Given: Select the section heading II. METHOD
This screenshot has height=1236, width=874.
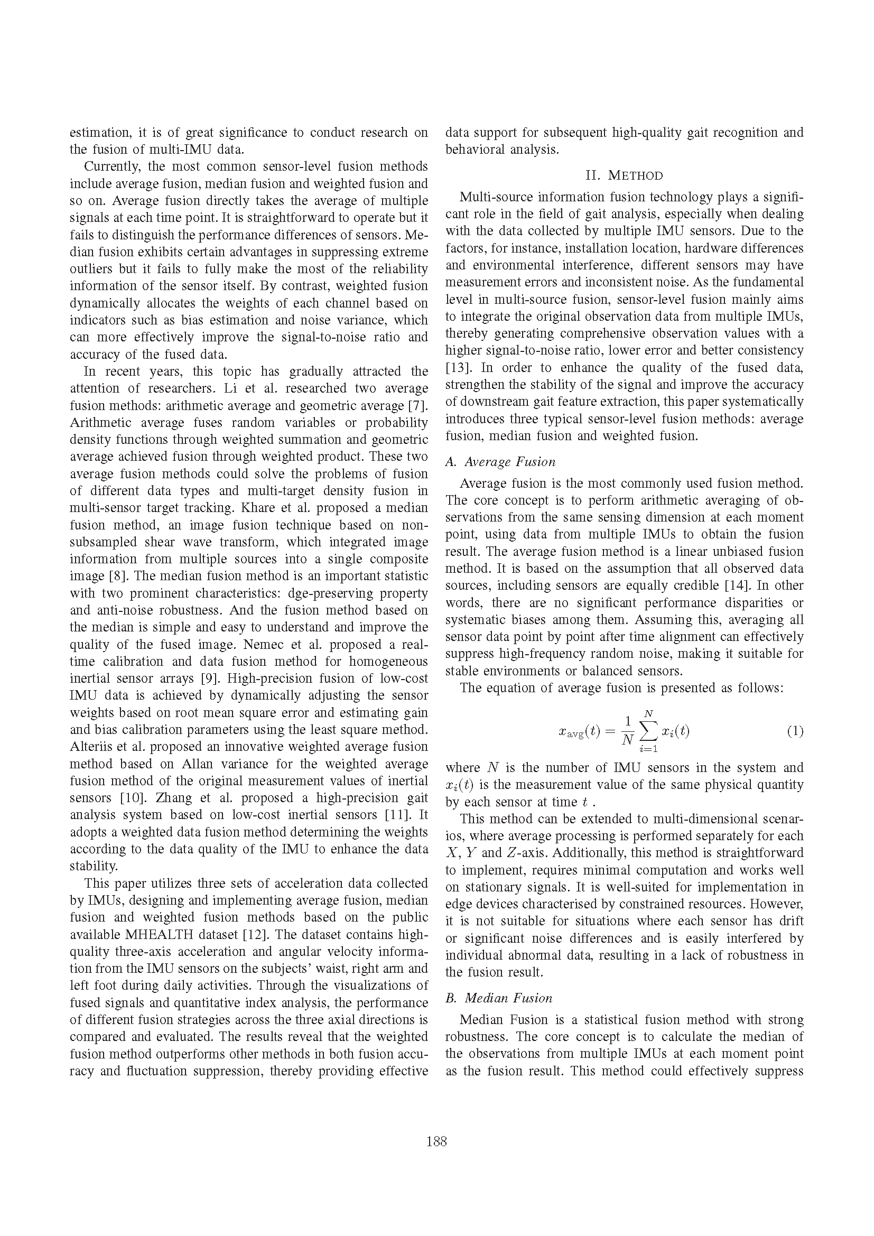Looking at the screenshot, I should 624,175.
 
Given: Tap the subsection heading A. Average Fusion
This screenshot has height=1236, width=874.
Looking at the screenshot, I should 500,462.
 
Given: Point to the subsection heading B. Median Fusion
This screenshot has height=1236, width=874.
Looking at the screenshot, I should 499,998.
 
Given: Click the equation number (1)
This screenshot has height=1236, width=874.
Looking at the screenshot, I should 795,731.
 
